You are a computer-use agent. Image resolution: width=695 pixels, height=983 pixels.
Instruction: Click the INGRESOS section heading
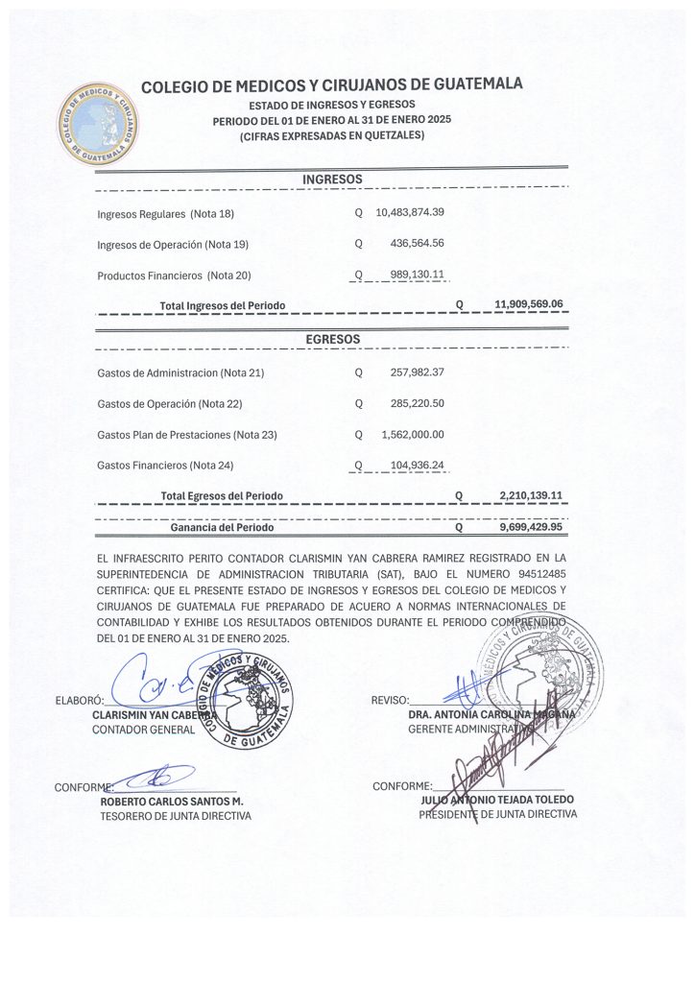pos(332,180)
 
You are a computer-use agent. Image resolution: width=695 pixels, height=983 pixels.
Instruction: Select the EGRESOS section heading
pos(332,340)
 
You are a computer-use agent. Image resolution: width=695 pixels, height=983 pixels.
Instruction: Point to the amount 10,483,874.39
pos(410,212)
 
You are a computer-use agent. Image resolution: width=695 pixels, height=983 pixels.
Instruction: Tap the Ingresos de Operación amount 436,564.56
pos(417,244)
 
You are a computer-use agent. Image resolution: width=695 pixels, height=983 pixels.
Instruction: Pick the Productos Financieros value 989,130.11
pos(417,276)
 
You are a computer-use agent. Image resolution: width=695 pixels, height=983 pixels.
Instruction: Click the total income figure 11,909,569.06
pos(528,305)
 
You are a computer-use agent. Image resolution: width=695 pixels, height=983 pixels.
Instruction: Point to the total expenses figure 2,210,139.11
pos(531,496)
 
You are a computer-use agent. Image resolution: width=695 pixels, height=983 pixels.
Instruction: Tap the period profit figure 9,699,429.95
pos(531,527)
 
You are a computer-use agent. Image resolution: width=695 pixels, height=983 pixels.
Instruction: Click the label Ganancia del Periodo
pos(222,527)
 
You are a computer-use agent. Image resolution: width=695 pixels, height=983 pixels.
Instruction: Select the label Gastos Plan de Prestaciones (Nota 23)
pos(187,435)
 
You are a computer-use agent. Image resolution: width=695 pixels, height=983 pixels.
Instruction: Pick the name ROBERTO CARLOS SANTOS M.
pos(172,801)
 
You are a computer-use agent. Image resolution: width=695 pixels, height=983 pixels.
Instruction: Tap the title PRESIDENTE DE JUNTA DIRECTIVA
pos(498,815)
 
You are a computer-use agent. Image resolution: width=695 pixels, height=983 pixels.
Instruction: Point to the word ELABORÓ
pos(78,711)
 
